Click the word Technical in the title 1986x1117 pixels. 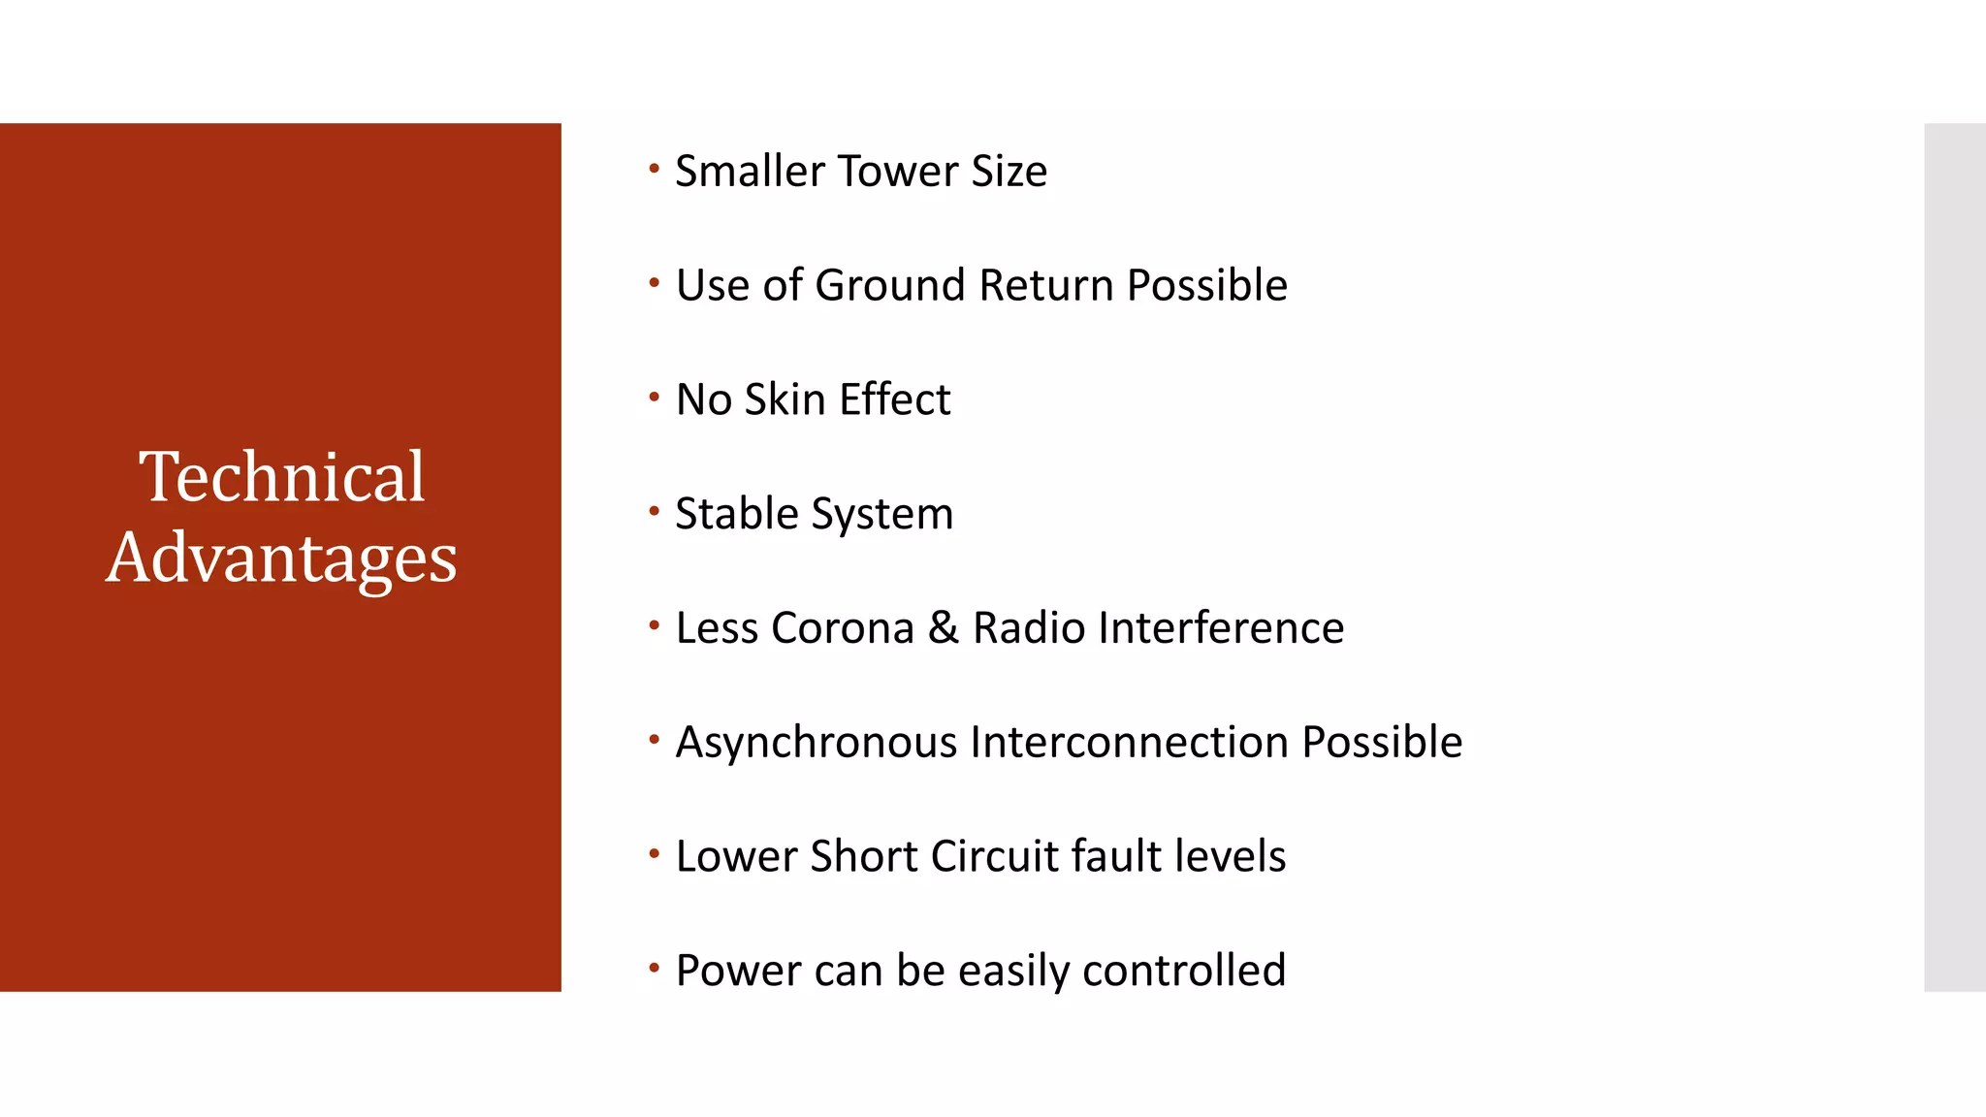tap(281, 477)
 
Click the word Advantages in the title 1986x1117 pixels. tap(281, 558)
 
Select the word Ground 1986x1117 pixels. tap(891, 286)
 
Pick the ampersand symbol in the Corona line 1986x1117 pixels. tap(944, 628)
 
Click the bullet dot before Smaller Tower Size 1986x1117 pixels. tap(655, 169)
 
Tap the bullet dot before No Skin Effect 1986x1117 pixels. tap(655, 397)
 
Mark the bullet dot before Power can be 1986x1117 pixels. tap(655, 968)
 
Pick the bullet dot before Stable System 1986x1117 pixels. tap(655, 511)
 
